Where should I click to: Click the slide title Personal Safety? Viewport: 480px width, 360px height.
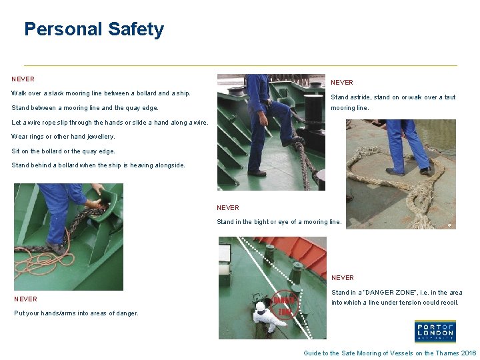pos(93,29)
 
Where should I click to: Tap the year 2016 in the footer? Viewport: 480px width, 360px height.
pos(469,353)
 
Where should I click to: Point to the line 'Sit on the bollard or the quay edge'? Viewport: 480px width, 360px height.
pos(63,151)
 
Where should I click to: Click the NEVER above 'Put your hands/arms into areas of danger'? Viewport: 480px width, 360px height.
pos(25,299)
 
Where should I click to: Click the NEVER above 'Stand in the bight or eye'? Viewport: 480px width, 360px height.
pos(228,207)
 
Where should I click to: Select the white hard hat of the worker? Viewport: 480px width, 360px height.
pos(261,306)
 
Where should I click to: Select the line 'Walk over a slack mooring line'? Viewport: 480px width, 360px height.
pos(101,93)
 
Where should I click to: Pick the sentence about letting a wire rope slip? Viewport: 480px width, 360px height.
pos(101,122)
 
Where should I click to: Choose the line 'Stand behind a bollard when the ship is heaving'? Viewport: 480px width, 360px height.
pos(99,165)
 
